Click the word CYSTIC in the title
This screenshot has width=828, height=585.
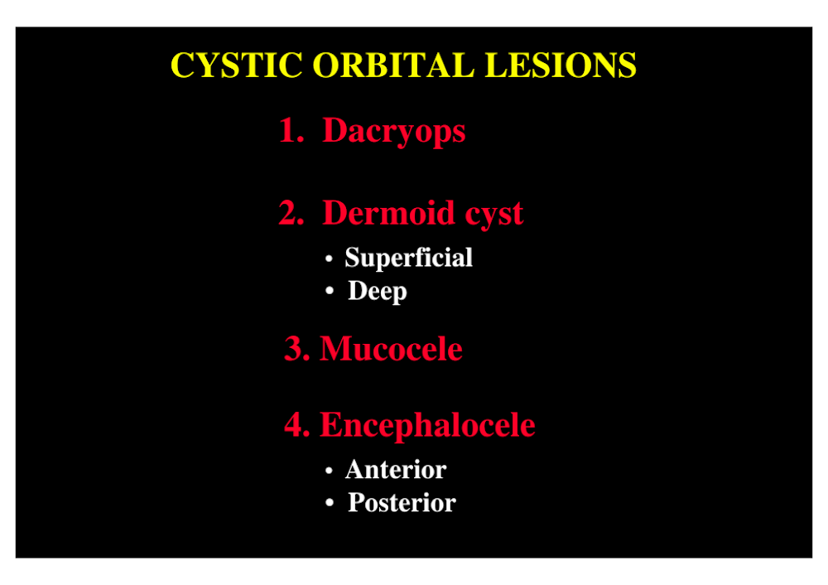(x=237, y=65)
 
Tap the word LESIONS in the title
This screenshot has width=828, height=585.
(x=561, y=65)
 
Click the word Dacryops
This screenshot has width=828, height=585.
(x=394, y=131)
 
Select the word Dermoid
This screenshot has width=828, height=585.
(x=388, y=212)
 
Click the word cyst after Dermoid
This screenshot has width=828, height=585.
(x=493, y=215)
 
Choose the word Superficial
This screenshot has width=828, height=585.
(x=409, y=259)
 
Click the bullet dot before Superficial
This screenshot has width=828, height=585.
(x=329, y=259)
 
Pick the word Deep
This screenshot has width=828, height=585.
(x=377, y=292)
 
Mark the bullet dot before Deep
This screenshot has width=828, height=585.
(x=330, y=291)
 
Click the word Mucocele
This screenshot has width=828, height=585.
(x=392, y=349)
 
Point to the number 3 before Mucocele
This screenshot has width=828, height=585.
(x=297, y=349)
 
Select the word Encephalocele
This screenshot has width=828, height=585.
(x=428, y=425)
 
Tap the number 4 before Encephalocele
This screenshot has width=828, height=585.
(x=297, y=424)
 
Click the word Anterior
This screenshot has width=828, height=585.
(x=396, y=470)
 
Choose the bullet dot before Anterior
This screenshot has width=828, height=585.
(x=329, y=471)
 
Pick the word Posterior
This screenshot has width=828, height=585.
(x=402, y=503)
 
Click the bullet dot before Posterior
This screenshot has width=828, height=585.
(x=330, y=503)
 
